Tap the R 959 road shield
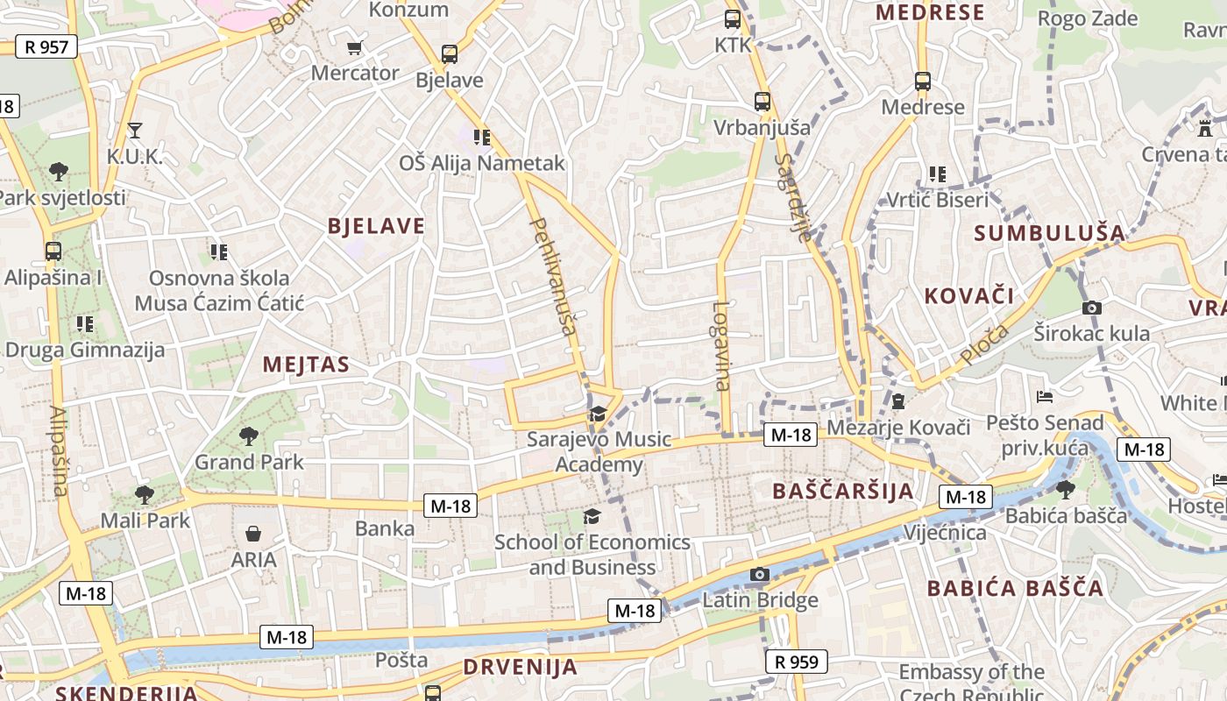[x=797, y=662]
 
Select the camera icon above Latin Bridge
[x=760, y=575]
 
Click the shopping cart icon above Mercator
[x=354, y=47]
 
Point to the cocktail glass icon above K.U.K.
[x=134, y=131]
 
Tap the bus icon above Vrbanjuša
[x=762, y=102]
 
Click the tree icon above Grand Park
[x=249, y=435]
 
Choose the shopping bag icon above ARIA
[x=253, y=534]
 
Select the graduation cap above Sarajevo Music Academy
[x=598, y=414]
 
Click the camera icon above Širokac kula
[x=1091, y=308]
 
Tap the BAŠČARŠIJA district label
[x=843, y=491]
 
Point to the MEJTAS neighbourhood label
[x=306, y=365]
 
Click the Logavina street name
[x=721, y=345]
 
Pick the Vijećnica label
[x=945, y=533]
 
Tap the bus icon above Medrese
[x=923, y=81]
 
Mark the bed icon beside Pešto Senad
[x=1044, y=397]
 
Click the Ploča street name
[x=983, y=344]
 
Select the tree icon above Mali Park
[x=145, y=495]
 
